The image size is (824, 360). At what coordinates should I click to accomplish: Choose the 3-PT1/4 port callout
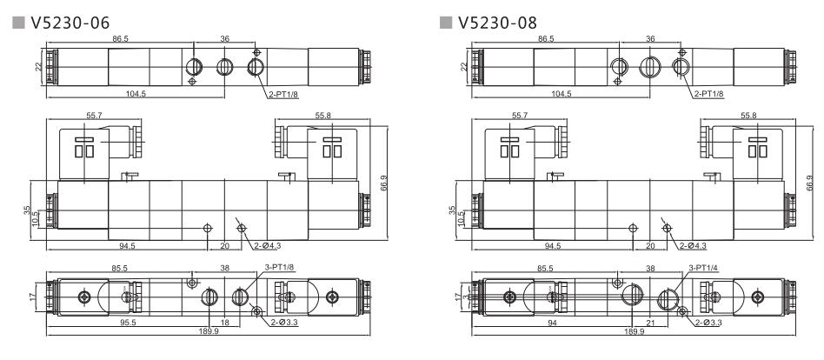pos(703,270)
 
